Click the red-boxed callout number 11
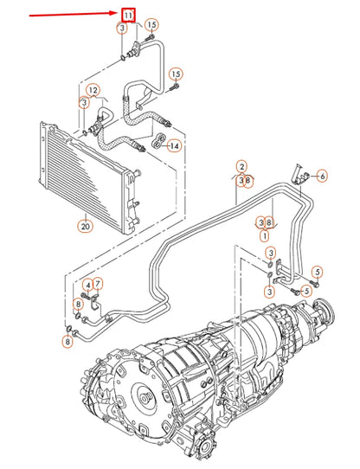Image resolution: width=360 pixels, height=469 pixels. coord(128,16)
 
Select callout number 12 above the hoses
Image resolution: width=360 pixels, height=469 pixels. coord(93,90)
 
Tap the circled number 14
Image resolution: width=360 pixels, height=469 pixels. coord(175,146)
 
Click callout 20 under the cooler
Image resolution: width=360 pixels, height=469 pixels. coord(84,227)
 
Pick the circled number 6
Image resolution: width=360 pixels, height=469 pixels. coord(322,177)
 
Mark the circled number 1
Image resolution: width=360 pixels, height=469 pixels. coord(264,234)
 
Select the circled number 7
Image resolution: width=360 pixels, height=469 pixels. coord(98,284)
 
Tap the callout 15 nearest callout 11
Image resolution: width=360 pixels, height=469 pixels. coord(151,24)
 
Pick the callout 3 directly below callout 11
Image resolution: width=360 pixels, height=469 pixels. coord(121,29)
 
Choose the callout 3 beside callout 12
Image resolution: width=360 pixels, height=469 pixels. coord(84,103)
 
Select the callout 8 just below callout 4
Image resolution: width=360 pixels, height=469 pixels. coord(78,304)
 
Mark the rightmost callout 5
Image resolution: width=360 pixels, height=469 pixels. coord(318,273)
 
